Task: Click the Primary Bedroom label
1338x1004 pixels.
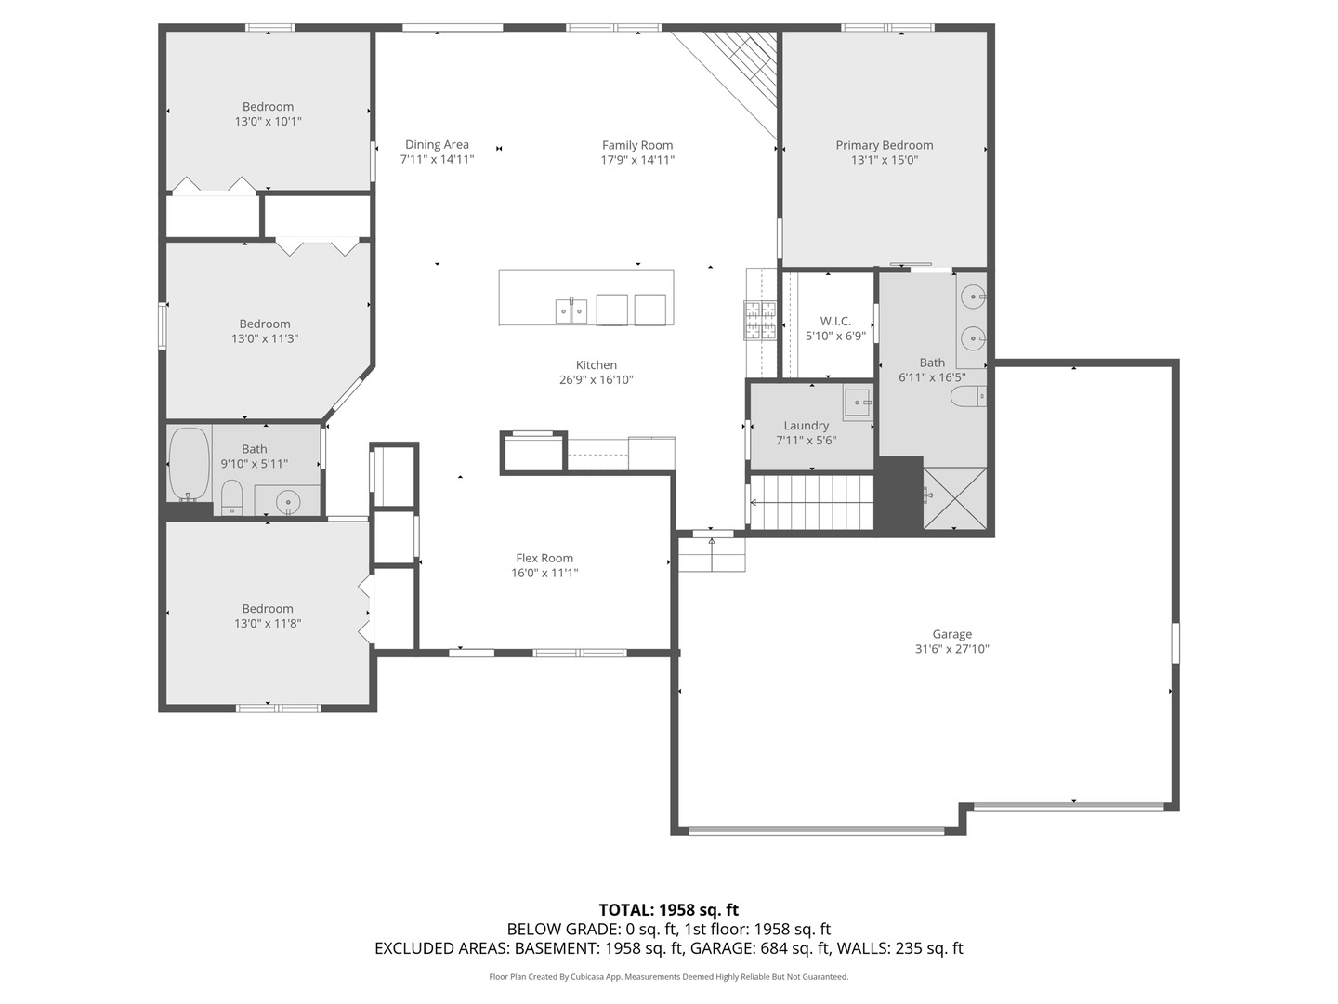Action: click(884, 145)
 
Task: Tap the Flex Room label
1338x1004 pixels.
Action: click(544, 558)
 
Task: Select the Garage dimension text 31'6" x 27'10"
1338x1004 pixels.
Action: click(951, 649)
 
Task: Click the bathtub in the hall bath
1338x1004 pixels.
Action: click(189, 464)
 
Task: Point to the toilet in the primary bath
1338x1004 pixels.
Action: click(968, 397)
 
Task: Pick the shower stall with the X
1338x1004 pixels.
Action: click(954, 498)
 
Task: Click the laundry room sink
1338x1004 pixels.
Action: click(858, 402)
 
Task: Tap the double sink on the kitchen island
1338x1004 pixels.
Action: click(571, 310)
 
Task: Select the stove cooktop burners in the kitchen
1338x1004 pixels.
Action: click(759, 321)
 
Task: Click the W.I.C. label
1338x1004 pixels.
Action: click(835, 321)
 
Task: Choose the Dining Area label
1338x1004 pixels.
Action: click(437, 144)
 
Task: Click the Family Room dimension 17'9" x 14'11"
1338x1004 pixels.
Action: click(637, 160)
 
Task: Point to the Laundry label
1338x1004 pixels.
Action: click(806, 426)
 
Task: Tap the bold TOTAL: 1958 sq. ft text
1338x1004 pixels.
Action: click(669, 909)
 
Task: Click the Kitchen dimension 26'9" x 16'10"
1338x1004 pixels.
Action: click(597, 380)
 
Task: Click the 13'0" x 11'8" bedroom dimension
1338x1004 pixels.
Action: click(268, 623)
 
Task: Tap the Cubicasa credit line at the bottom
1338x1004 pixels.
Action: click(669, 976)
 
